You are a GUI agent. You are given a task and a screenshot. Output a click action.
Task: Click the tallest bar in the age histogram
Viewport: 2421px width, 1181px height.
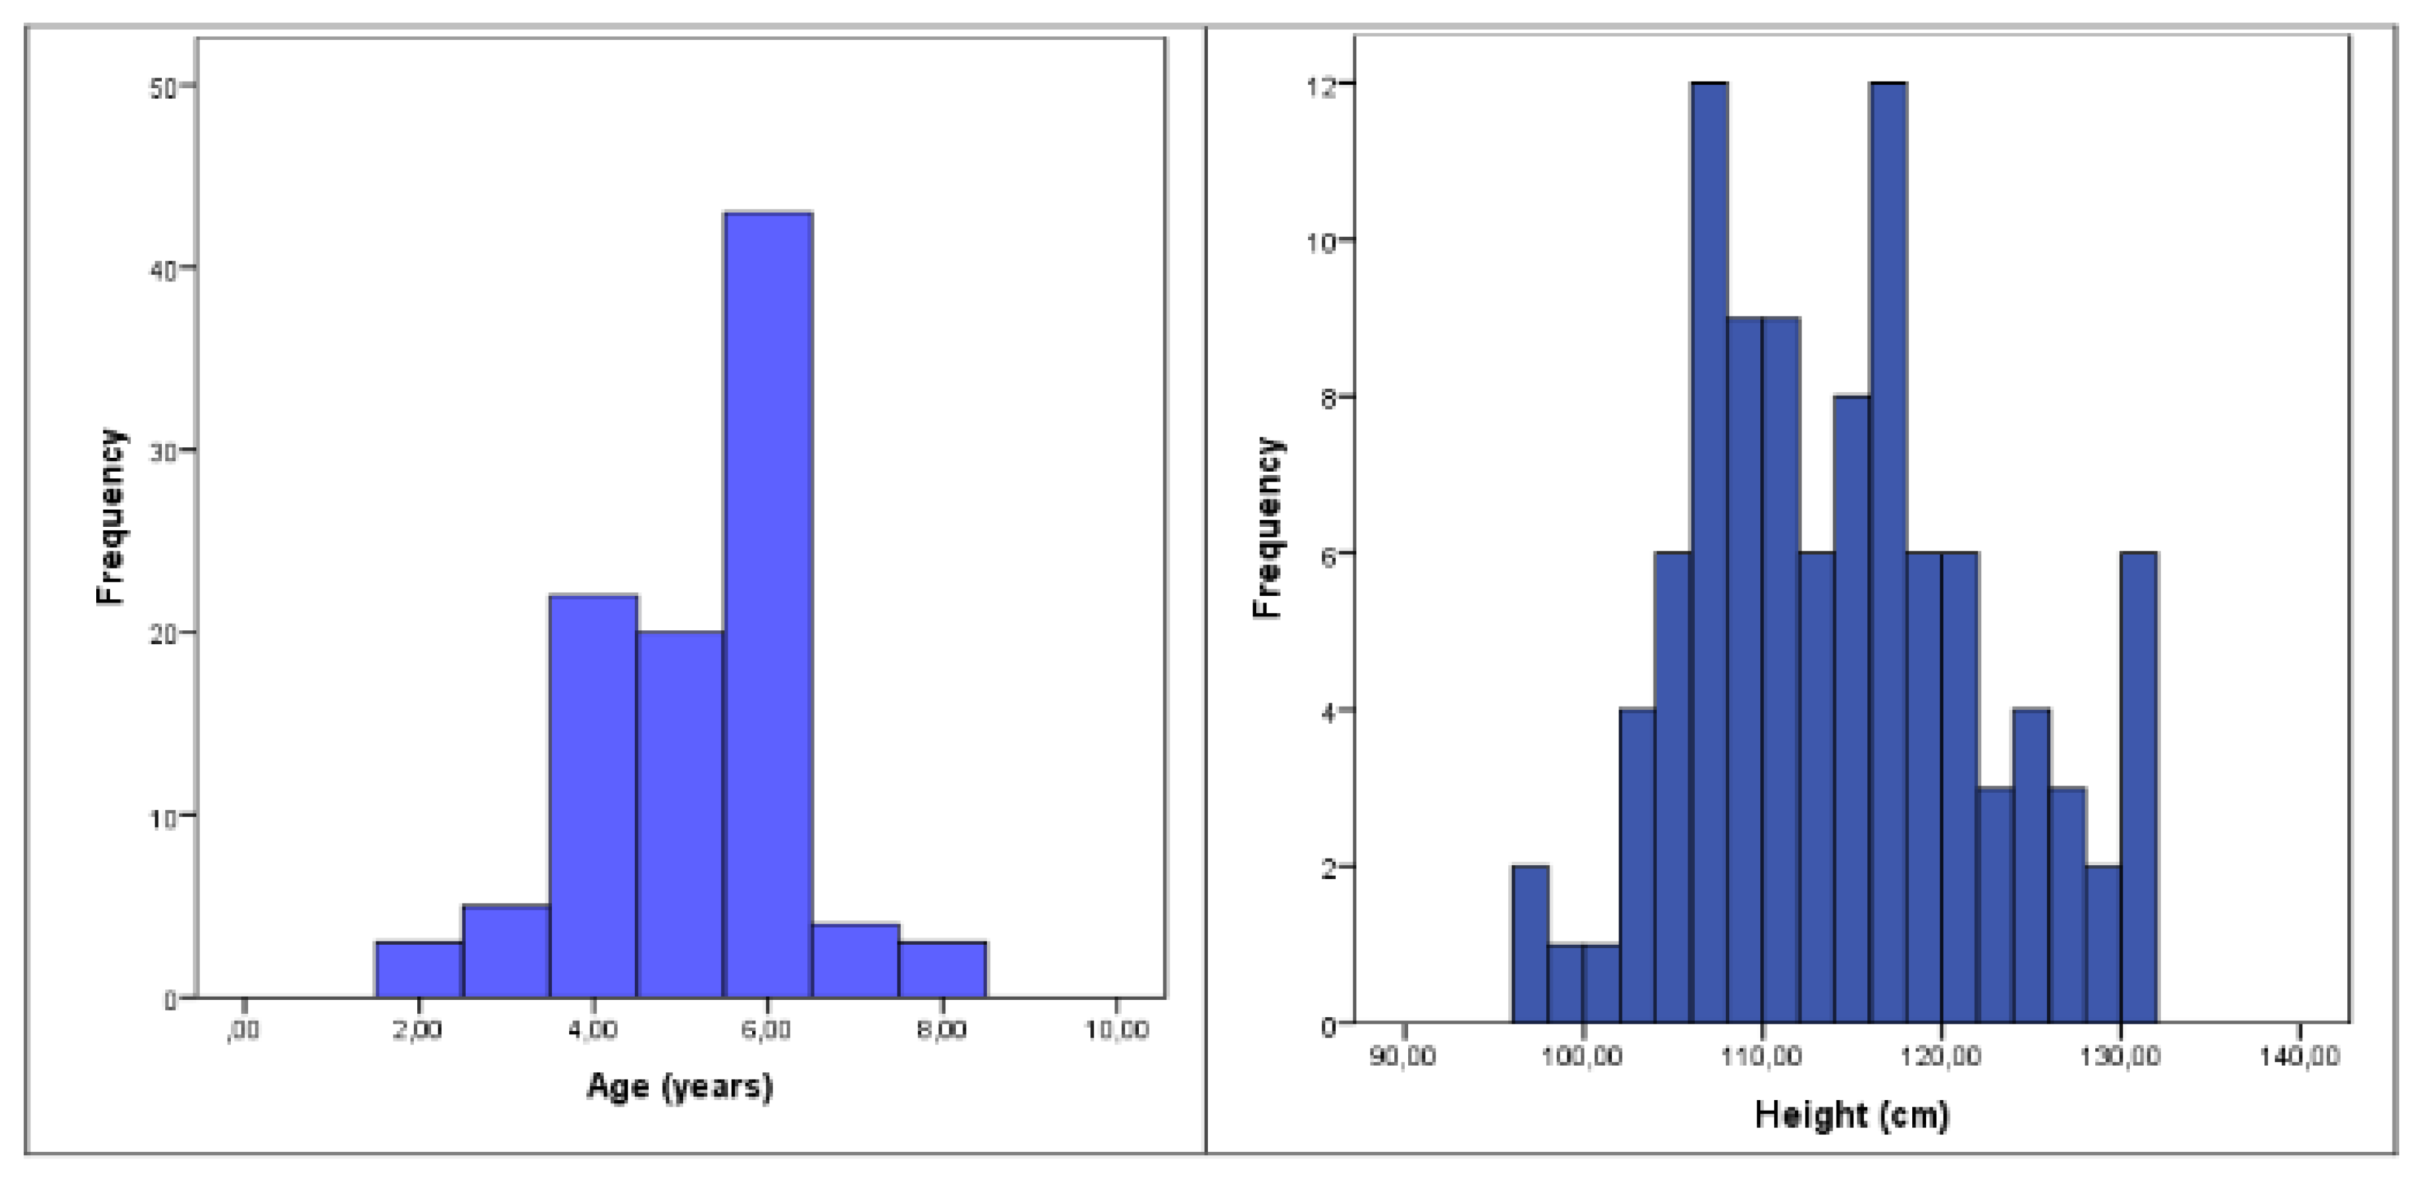[x=768, y=602]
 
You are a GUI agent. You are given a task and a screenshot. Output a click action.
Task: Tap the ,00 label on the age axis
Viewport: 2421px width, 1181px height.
[x=243, y=1030]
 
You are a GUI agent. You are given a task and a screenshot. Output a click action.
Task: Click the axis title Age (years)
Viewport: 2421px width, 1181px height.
[x=679, y=1087]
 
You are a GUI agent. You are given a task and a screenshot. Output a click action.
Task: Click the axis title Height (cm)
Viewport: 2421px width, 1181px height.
[x=1851, y=1115]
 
